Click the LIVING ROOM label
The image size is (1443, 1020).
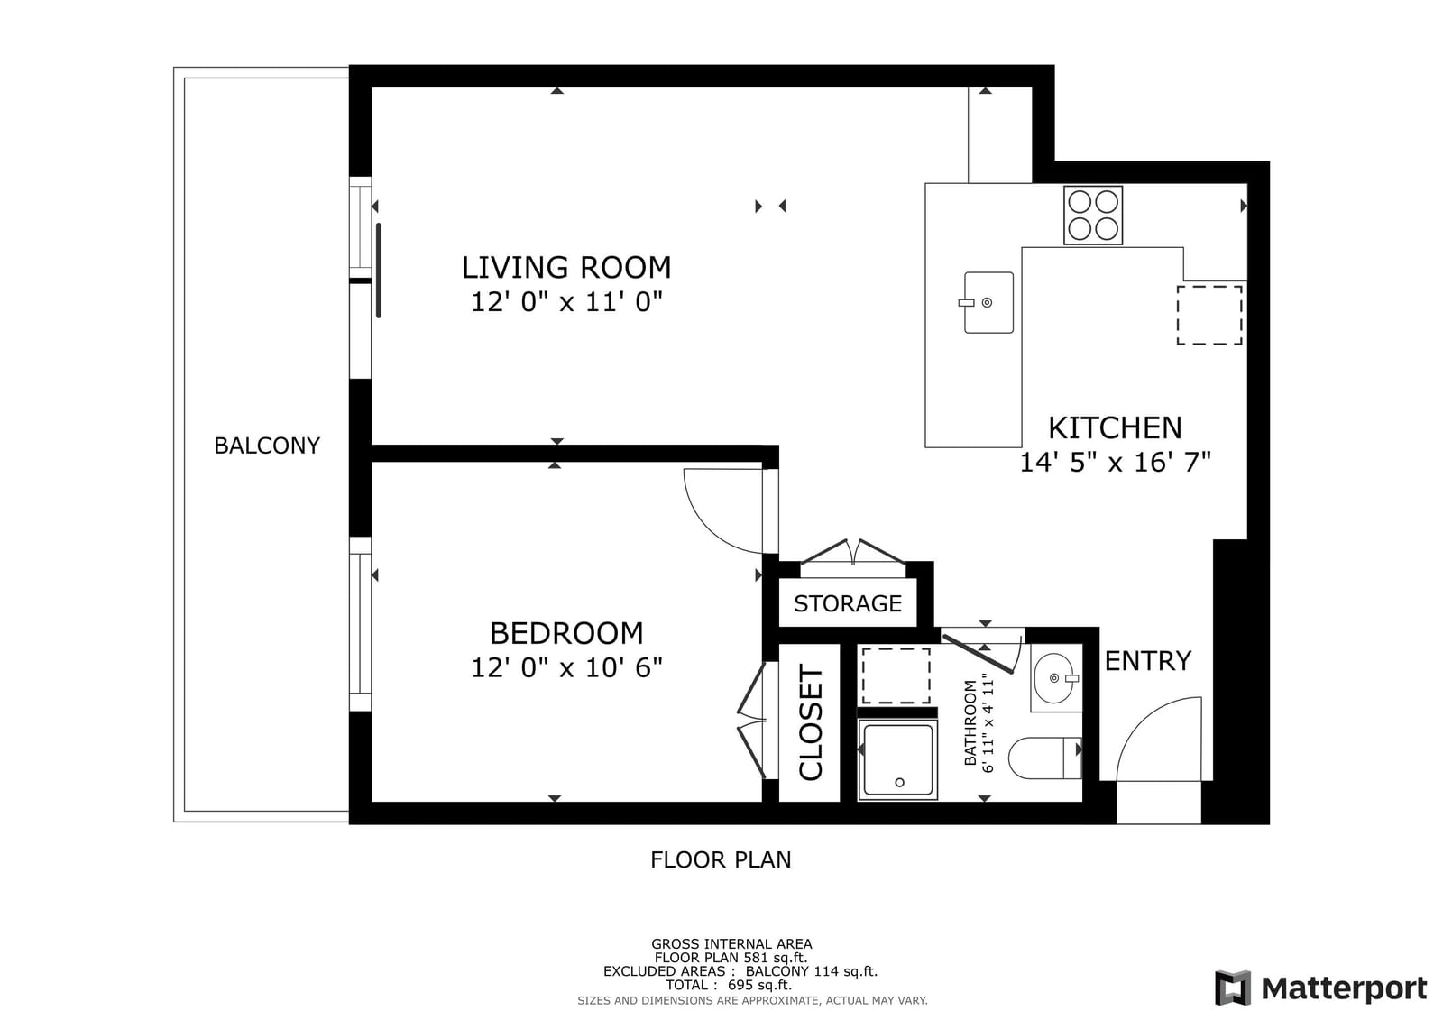566,268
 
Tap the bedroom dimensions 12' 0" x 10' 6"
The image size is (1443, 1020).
567,667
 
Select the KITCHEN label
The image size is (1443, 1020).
1115,427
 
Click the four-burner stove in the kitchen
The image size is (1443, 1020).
1092,216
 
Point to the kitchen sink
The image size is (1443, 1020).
988,302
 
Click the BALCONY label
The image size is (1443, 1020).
267,446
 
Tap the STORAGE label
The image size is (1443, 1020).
848,603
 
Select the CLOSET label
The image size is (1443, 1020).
811,723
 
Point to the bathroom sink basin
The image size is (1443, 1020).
1054,678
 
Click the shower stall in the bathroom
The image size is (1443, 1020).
897,760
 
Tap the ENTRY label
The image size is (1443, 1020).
1148,661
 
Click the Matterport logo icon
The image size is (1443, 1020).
1233,988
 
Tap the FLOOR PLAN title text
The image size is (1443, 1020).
721,859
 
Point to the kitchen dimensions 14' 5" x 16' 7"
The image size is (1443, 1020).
1115,462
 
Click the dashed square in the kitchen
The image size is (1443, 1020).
1209,315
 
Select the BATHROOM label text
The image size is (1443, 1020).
970,723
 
